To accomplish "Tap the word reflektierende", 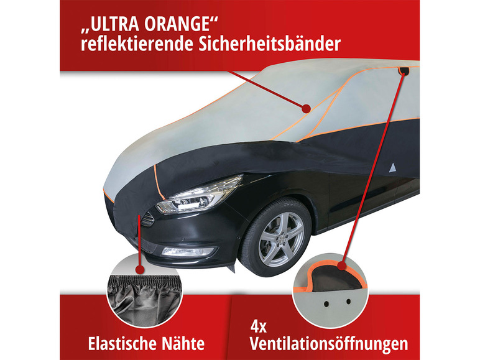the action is [x=137, y=44].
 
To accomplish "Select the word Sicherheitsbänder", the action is [x=269, y=44].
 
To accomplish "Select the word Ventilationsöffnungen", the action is [x=329, y=344].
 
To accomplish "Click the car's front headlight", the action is [x=199, y=195].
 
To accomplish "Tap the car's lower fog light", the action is [x=187, y=251].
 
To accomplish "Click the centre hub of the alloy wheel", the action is [x=281, y=239].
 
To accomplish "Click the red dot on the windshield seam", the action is [x=306, y=108].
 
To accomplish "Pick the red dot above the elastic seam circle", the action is [x=140, y=270].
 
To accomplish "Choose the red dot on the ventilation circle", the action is [x=342, y=265].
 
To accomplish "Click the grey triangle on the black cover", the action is [x=392, y=168].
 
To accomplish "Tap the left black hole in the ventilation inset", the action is [x=326, y=303].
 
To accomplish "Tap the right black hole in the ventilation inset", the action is [x=348, y=302].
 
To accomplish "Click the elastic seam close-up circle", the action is [x=144, y=292].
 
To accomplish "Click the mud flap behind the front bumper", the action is [x=231, y=267].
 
